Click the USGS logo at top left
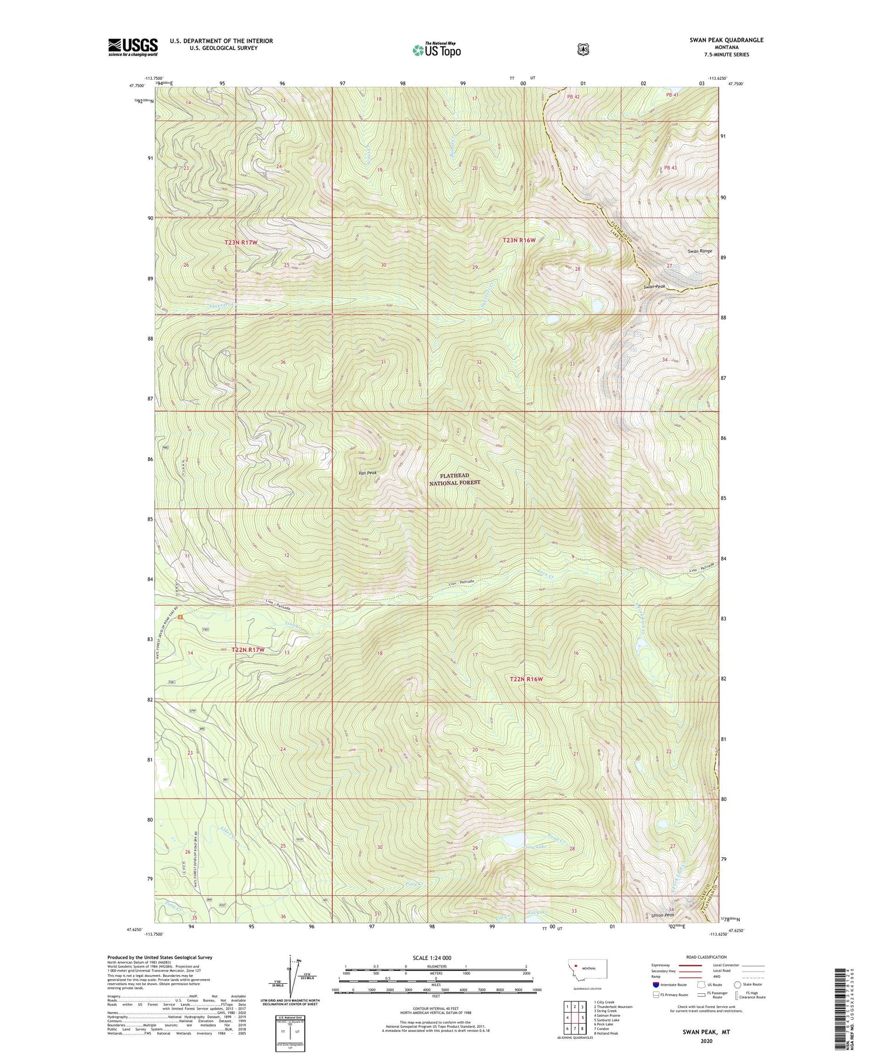133,47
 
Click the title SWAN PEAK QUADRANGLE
726,40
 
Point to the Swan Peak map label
657,287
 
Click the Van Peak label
367,473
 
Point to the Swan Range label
700,251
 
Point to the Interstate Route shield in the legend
656,984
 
